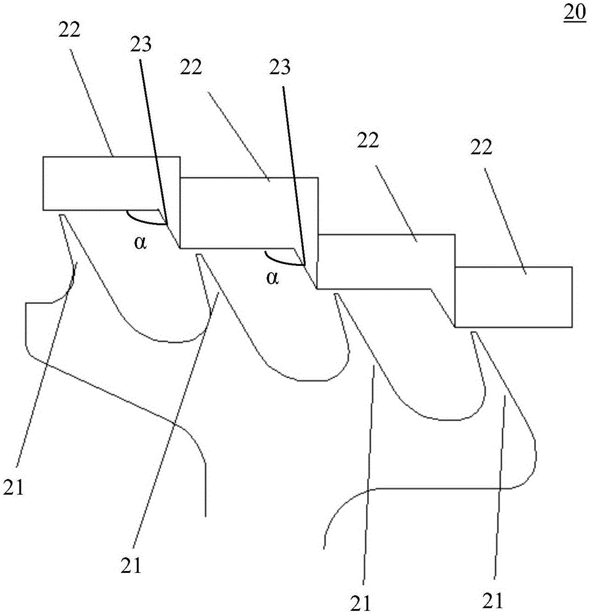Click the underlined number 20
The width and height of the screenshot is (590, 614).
tap(574, 12)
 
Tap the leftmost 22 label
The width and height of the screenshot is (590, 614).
tap(69, 29)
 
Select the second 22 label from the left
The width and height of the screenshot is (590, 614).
tap(191, 67)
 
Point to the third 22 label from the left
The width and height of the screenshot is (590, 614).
tap(368, 140)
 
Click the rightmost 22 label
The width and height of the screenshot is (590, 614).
tap(481, 147)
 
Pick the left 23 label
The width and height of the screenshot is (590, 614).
tap(141, 44)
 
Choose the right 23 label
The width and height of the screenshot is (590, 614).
tap(280, 67)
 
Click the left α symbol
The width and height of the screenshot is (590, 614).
tap(140, 243)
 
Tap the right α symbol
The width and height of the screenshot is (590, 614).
tap(273, 278)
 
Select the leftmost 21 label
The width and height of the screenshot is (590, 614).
tap(14, 488)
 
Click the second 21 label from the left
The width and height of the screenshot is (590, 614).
tap(131, 565)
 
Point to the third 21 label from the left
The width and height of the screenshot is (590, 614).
tap(360, 603)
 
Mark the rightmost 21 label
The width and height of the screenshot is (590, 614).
tap(492, 600)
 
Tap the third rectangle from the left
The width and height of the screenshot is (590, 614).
tap(386, 262)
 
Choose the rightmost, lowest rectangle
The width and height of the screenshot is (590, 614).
tap(513, 297)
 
